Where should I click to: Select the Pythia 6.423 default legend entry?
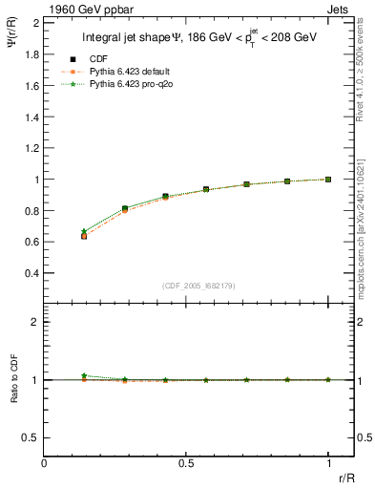[124, 72]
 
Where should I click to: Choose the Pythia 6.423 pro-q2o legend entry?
[126, 85]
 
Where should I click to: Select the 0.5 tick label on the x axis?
[186, 463]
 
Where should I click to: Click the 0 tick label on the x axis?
[45, 463]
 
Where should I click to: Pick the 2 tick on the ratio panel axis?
[35, 322]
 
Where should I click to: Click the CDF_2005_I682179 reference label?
[185, 285]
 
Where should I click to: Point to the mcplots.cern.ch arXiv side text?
[365, 232]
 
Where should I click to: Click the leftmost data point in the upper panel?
[84, 235]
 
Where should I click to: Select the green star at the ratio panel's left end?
[84, 375]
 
